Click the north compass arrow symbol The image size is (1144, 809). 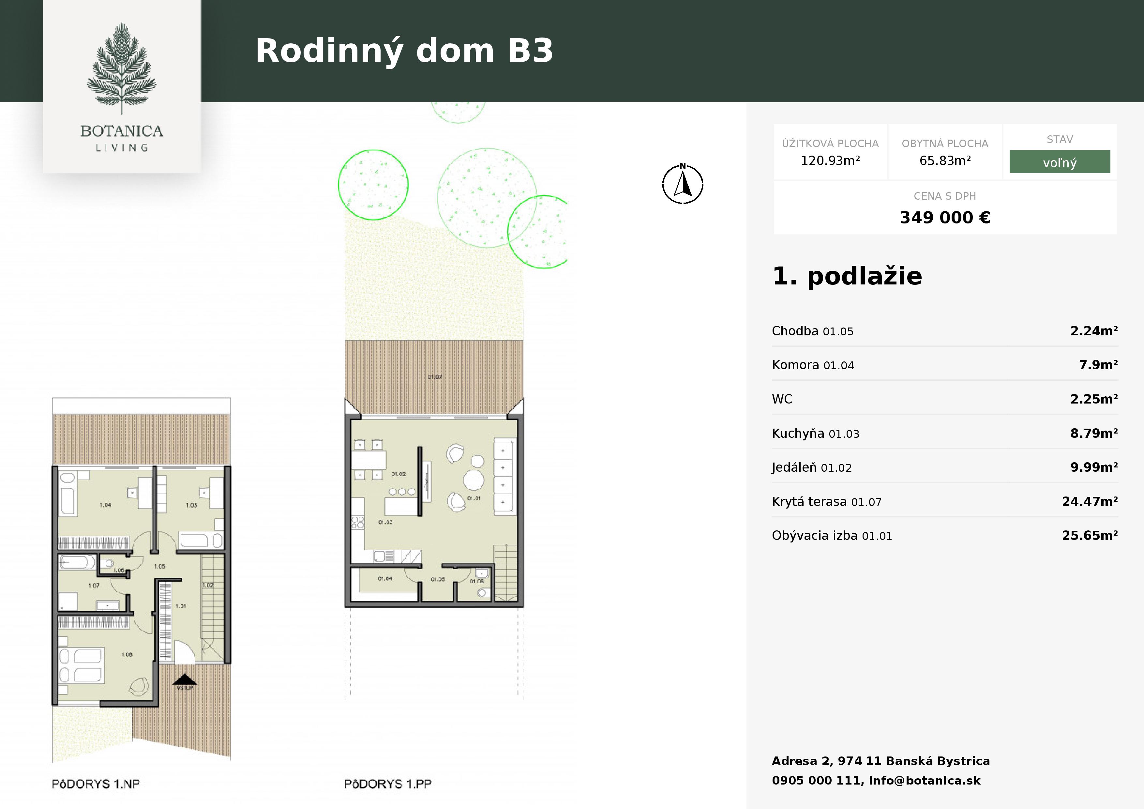pyautogui.click(x=683, y=184)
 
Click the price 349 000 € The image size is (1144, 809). pyautogui.click(x=945, y=217)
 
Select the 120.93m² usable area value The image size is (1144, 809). pyautogui.click(x=830, y=160)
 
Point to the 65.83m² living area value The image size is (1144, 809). pyautogui.click(x=945, y=160)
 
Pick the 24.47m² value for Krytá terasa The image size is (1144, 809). pyautogui.click(x=1090, y=501)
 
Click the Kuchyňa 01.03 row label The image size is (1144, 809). pyautogui.click(x=815, y=433)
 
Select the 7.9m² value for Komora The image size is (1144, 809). pyautogui.click(x=1098, y=365)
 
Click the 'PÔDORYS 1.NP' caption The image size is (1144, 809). pyautogui.click(x=96, y=784)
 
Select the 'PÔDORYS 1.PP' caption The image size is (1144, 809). pyautogui.click(x=388, y=784)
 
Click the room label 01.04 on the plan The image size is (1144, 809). pyautogui.click(x=385, y=579)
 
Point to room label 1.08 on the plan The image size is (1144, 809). pyautogui.click(x=127, y=654)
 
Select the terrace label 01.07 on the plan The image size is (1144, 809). pyautogui.click(x=434, y=377)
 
